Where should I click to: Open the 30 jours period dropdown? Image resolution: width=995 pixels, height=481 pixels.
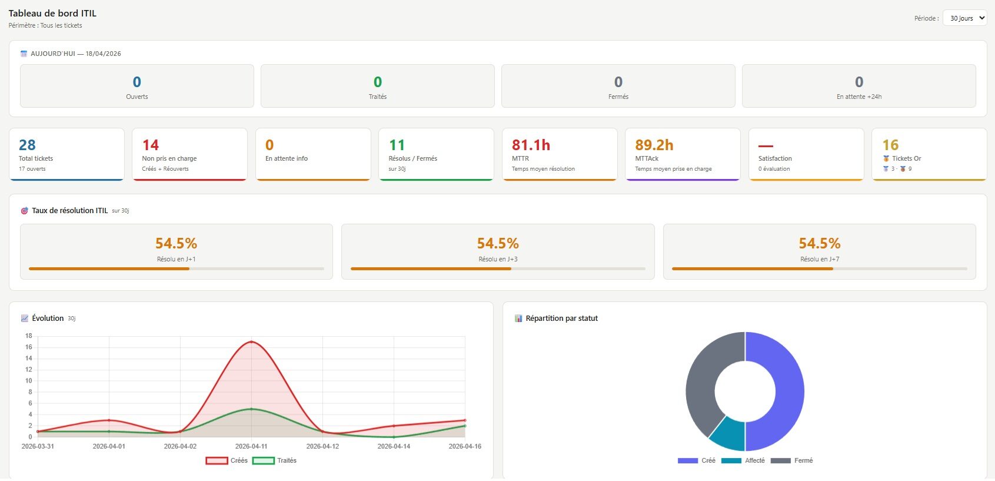[964, 18]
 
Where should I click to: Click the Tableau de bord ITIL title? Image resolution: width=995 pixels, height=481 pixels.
[52, 14]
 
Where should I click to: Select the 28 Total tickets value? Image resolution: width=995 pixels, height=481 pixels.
[27, 145]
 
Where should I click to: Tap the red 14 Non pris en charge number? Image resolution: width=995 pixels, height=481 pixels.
[150, 145]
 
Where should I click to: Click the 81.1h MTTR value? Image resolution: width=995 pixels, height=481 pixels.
[531, 145]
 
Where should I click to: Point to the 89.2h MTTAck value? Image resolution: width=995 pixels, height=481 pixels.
[654, 145]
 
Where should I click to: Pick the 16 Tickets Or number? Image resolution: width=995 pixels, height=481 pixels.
[890, 145]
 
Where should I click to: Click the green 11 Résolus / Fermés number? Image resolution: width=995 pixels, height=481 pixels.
[397, 145]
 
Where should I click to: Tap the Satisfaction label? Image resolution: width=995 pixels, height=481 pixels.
[775, 158]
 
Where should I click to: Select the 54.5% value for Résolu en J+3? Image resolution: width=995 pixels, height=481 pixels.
[498, 243]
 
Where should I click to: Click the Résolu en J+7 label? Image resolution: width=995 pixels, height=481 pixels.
[820, 259]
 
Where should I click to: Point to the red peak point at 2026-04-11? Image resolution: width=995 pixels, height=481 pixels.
[251, 341]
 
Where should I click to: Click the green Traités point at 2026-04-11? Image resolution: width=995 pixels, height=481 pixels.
[251, 409]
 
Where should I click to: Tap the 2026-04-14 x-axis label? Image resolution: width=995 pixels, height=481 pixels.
[394, 446]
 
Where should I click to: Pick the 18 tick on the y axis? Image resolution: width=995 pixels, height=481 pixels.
[28, 336]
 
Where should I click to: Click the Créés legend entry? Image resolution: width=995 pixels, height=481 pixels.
[227, 460]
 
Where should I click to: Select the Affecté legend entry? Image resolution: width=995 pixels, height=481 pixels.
[743, 460]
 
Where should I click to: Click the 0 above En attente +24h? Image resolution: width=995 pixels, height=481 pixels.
[858, 82]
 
